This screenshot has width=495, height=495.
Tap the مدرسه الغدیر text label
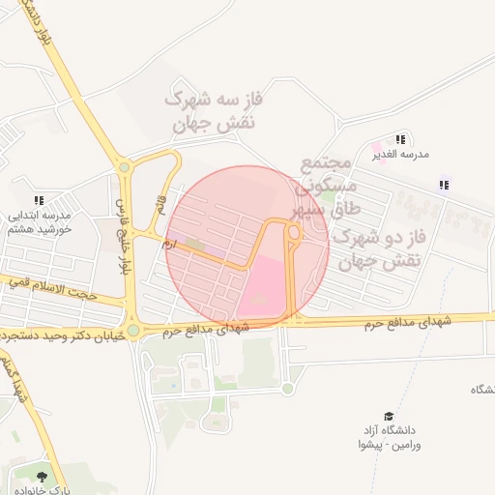point(400,154)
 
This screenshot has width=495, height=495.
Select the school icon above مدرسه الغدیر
point(400,140)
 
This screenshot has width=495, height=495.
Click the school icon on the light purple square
point(444,185)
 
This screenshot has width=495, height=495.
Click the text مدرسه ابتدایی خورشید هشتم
point(39,221)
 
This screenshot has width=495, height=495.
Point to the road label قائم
point(160,206)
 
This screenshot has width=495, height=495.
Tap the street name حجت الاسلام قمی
point(53,286)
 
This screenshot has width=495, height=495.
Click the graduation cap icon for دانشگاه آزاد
point(389,416)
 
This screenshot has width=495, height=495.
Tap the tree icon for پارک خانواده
point(41,476)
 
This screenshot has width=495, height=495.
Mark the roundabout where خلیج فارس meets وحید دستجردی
point(132,331)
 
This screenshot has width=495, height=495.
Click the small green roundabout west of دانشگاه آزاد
point(287,389)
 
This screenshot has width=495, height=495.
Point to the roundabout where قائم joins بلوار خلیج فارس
point(124,167)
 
